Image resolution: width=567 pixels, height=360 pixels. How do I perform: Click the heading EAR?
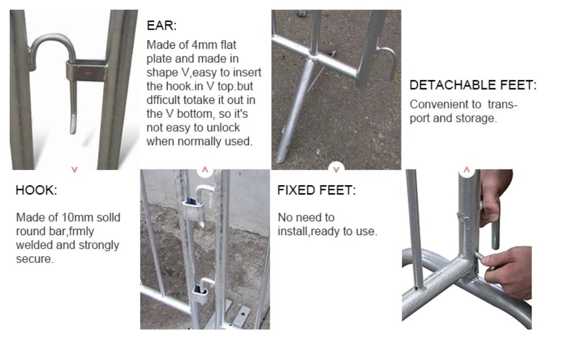pos(161,26)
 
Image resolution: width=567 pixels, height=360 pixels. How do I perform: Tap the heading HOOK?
pos(36,190)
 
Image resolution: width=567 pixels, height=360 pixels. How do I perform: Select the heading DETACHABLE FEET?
pos(473,85)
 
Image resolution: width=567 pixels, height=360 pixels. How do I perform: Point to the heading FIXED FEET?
pos(316,190)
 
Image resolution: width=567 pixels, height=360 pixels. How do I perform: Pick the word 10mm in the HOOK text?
pos(73,217)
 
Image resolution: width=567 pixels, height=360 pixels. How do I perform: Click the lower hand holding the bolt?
pos(508,271)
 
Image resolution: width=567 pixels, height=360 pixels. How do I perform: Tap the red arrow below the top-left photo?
pos(74,170)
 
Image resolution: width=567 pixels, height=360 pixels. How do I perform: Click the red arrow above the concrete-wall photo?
pos(205,170)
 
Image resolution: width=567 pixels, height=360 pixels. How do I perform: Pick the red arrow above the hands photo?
pos(467,170)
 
